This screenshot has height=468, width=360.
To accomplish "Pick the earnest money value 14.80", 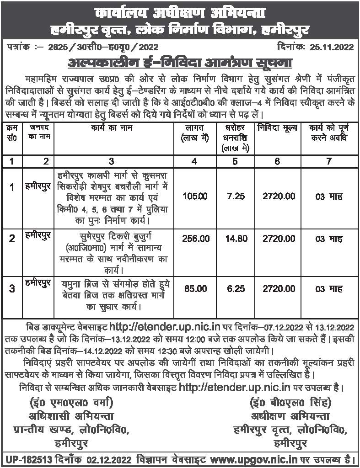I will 236,239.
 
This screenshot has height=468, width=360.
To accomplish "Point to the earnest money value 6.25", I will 236,289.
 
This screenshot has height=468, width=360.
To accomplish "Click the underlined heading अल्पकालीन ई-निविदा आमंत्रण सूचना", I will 179,61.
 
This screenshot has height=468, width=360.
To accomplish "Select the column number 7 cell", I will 329,160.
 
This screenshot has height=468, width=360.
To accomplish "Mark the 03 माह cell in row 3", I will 329,289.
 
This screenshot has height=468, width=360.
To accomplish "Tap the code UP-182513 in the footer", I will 26,458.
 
